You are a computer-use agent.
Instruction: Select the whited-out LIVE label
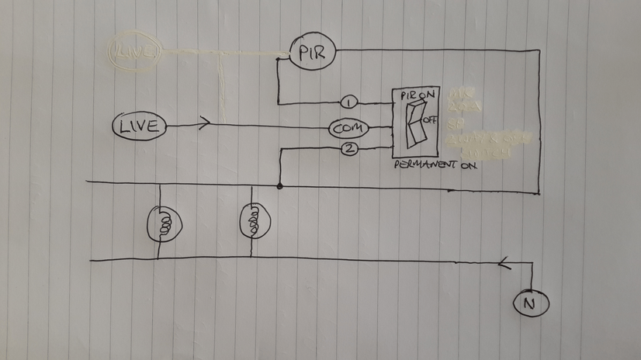(x=136, y=53)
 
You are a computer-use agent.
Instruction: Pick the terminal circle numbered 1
(x=349, y=102)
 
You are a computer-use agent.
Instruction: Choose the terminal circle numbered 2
(x=349, y=150)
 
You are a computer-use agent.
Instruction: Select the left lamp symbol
(x=165, y=223)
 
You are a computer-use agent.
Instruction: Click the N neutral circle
(x=531, y=304)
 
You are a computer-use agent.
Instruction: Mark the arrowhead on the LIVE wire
(x=204, y=123)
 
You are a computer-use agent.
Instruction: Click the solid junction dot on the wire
(x=279, y=186)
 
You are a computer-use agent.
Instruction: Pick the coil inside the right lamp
(x=253, y=223)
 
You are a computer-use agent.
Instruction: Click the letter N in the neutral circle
(x=531, y=304)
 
